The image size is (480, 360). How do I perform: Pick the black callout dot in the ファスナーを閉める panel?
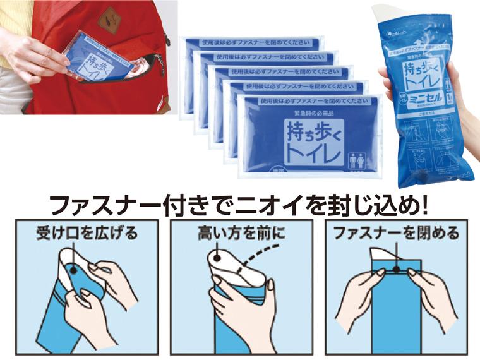coord(395,268)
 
